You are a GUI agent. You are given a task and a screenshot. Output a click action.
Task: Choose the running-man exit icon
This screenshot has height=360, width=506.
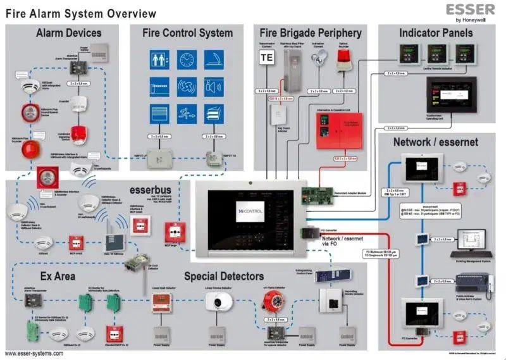[186, 114]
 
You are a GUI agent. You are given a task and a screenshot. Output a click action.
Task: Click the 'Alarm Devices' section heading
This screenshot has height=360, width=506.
[69, 33]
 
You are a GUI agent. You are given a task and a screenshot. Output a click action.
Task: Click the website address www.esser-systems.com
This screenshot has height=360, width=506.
[34, 353]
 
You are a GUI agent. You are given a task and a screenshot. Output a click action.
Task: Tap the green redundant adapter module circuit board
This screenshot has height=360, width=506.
[319, 194]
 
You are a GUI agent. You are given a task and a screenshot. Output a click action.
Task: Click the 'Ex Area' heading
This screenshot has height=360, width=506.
[58, 276]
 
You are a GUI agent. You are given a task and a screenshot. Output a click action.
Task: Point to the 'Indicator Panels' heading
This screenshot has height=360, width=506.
[437, 33]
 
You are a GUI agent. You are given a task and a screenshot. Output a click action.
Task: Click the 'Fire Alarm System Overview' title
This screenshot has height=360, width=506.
[81, 13]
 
